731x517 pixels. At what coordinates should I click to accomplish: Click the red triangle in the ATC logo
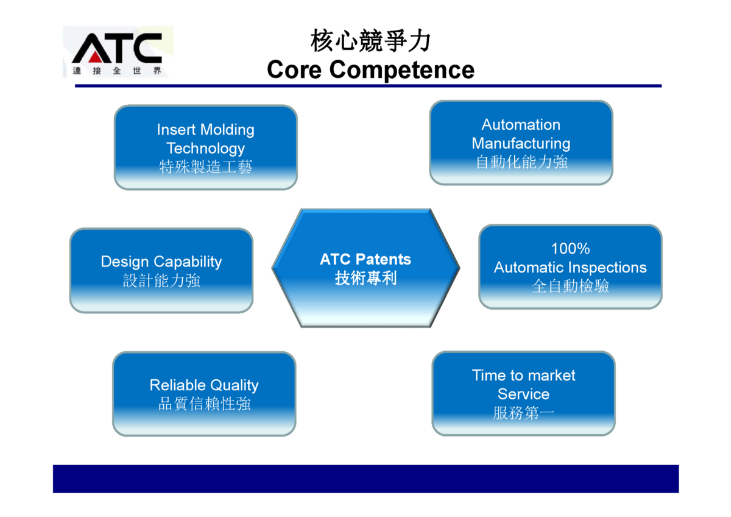point(95,57)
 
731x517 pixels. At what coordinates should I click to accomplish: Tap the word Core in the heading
point(294,70)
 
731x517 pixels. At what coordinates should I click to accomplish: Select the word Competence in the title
point(401,70)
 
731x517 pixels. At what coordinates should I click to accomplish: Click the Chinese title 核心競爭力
point(370,41)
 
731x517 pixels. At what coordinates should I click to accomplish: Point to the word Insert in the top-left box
point(176,130)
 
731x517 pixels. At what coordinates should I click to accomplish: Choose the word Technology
point(206,149)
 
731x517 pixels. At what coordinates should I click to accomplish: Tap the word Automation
point(521,125)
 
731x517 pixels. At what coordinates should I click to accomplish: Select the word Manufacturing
point(521,144)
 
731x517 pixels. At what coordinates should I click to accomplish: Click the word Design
point(125,262)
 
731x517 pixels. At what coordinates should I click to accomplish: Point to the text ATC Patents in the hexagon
point(365,259)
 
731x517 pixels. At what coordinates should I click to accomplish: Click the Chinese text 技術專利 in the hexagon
point(365,278)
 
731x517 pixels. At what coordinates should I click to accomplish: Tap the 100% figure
point(570,249)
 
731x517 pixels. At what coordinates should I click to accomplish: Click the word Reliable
point(172,385)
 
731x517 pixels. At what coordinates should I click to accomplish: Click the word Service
point(523,394)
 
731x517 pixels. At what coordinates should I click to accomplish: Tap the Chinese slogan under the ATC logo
point(117,71)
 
